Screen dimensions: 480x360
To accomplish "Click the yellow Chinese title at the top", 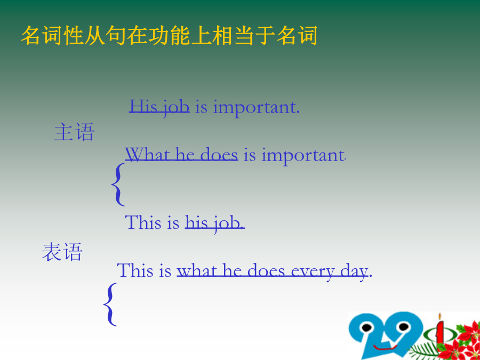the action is (169, 36).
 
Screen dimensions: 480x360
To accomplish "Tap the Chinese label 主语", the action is (74, 132).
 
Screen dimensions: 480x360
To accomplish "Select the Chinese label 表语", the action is (62, 252).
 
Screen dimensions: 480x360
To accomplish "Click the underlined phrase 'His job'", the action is (159, 107).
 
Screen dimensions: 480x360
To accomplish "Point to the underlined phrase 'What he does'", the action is (181, 154).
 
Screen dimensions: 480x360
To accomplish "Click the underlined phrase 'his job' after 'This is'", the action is (215, 222).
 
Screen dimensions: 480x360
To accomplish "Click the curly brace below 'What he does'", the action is (118, 185).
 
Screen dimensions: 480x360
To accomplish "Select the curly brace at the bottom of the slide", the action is (110, 305).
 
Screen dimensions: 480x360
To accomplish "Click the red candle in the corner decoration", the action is (440, 331).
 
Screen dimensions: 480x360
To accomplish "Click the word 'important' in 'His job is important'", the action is (256, 108).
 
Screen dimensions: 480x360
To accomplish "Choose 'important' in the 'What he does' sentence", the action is (303, 156).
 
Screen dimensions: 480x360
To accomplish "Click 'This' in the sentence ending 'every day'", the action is (135, 270).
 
